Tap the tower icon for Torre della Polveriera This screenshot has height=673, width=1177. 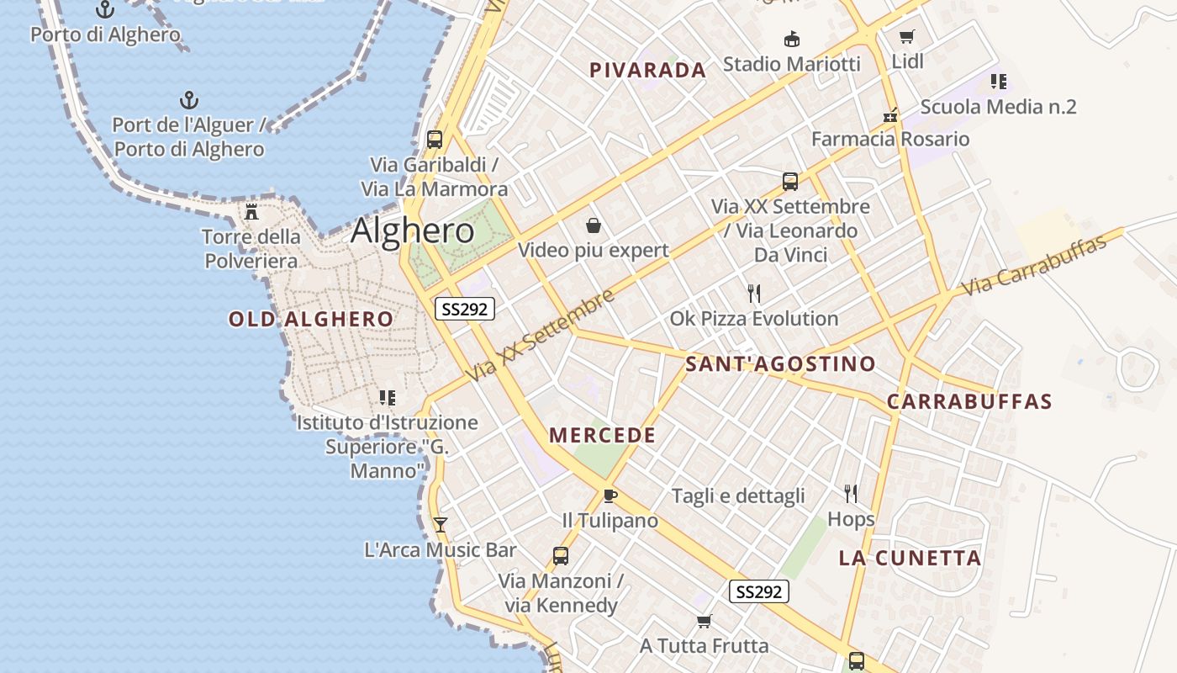click(251, 211)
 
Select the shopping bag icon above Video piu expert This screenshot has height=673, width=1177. click(594, 225)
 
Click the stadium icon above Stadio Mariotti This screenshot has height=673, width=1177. click(791, 39)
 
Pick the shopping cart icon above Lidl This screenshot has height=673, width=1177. click(906, 36)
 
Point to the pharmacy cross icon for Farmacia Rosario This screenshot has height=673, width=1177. click(890, 115)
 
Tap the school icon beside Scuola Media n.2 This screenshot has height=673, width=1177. click(998, 82)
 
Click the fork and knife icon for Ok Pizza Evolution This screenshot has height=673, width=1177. click(754, 294)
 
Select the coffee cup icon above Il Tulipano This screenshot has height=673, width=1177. click(610, 495)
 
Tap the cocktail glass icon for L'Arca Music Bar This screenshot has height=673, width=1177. click(440, 525)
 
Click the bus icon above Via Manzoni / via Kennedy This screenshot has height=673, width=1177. click(560, 555)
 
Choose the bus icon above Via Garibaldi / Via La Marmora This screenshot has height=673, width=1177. click(435, 140)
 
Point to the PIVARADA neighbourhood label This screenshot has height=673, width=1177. click(647, 71)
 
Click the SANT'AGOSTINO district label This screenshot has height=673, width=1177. click(780, 364)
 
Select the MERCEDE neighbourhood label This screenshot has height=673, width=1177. click(601, 436)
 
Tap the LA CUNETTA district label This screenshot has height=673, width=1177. click(910, 558)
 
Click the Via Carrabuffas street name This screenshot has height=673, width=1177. click(1033, 264)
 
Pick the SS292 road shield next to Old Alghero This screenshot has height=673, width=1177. click(464, 309)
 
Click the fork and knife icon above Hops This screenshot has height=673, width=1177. click(851, 493)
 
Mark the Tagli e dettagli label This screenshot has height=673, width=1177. click(738, 496)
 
